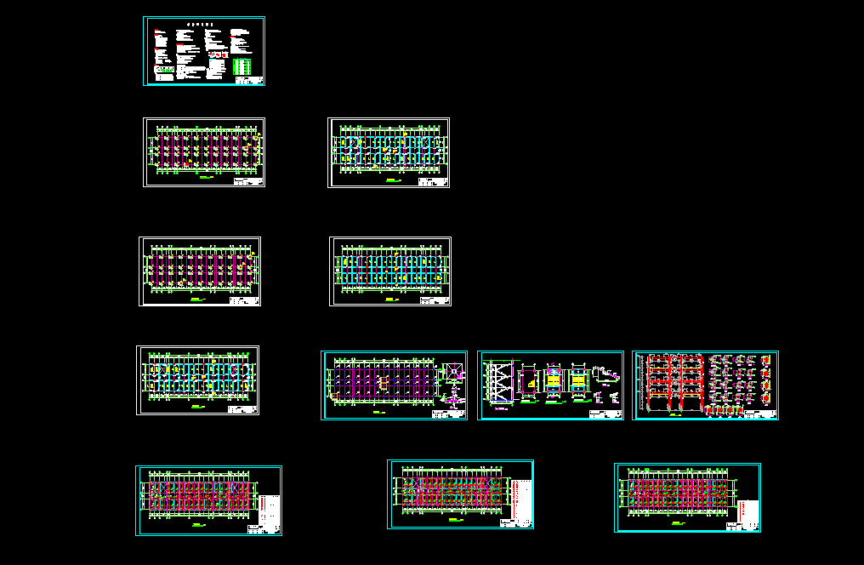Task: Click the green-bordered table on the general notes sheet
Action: point(242,66)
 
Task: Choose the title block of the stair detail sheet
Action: point(605,414)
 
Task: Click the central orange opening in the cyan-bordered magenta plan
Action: point(384,385)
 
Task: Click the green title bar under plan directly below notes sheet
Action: point(204,179)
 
